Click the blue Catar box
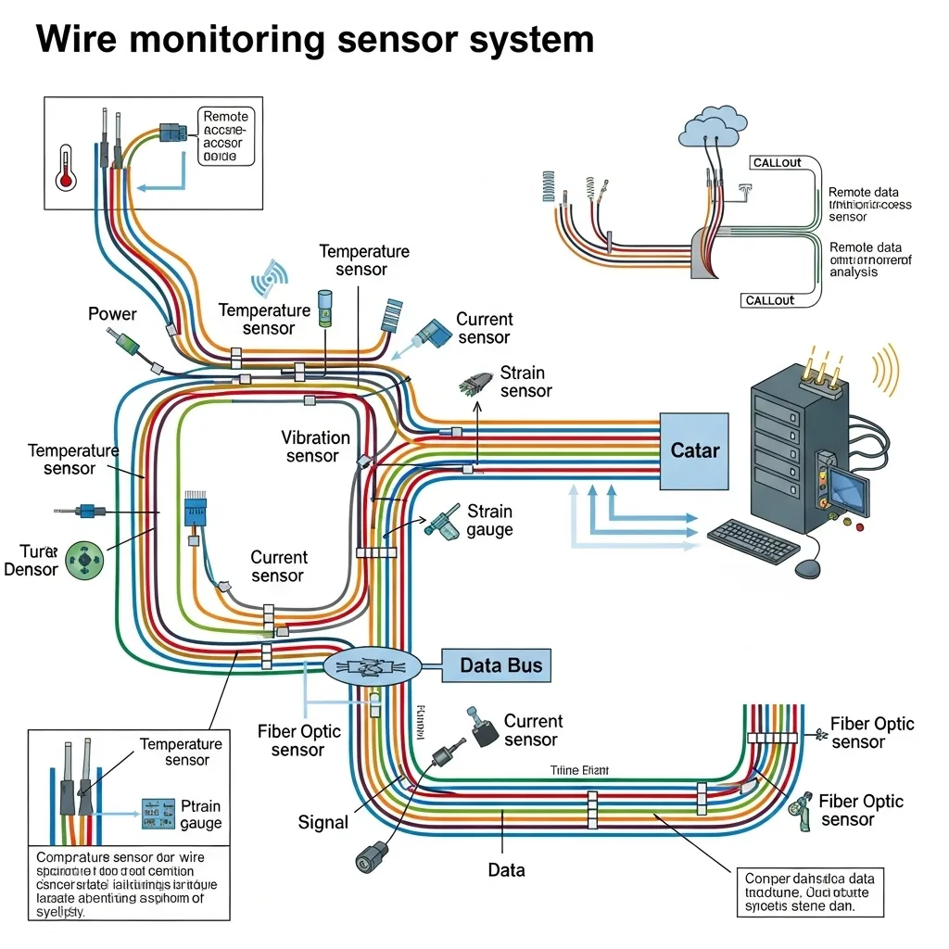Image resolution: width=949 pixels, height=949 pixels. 694,451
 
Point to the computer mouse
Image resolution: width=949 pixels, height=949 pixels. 809,567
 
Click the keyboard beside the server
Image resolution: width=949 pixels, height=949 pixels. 753,541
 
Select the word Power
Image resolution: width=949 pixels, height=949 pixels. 112,314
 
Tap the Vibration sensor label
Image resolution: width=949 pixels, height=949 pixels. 315,446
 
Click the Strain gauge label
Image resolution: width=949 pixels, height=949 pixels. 489,520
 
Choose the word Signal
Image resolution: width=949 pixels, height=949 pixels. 323,822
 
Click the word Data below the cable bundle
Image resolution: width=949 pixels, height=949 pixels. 506,870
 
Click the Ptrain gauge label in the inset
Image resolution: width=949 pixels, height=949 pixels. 201,815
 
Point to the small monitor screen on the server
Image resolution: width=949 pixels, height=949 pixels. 849,491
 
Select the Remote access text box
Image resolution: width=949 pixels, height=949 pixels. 225,136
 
